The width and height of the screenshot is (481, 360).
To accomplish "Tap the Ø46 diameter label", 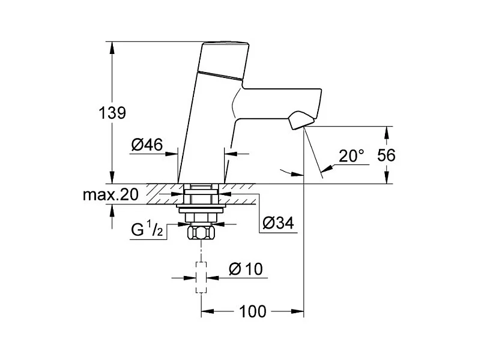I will (146, 144).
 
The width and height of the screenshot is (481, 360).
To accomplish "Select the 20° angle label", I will (351, 156).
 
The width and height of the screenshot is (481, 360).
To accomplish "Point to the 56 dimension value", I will (387, 155).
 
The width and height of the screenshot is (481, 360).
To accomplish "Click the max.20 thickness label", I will (111, 194).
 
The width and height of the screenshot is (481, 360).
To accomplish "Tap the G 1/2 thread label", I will (147, 229).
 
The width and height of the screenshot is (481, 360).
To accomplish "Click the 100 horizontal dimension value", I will (252, 311).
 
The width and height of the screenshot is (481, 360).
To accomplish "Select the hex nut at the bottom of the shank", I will (201, 232).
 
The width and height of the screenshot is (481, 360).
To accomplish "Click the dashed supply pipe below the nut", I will (201, 276).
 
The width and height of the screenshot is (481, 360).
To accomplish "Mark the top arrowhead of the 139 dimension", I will (112, 46).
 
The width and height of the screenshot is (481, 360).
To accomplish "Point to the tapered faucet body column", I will (204, 132).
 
